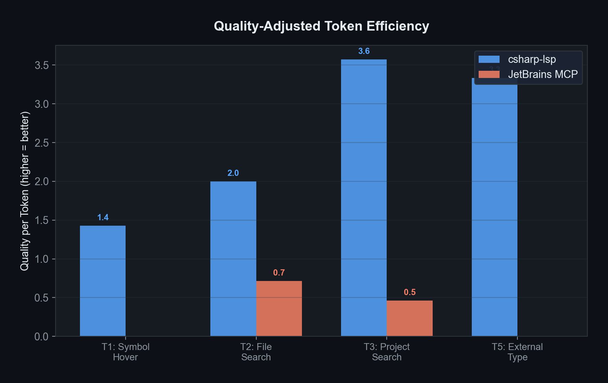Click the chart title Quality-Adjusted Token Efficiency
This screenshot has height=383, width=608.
[x=321, y=26]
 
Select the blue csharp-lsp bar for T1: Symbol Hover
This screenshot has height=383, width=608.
[x=103, y=281]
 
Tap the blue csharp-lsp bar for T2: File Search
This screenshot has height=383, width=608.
[x=233, y=258]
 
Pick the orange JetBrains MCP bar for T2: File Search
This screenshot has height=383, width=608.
[x=279, y=308]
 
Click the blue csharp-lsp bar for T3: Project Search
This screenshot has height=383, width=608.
[x=364, y=198]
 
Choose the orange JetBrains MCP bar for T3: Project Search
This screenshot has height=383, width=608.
[x=410, y=318]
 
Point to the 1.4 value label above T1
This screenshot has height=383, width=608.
[x=103, y=217]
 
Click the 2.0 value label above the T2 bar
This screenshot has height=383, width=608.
[x=233, y=173]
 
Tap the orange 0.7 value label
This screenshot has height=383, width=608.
[x=279, y=273]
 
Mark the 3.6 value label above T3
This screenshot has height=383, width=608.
[x=364, y=51]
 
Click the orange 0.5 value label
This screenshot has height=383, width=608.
[x=410, y=292]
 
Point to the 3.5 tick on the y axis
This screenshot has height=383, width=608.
[x=42, y=65]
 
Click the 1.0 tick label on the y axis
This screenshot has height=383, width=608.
[x=42, y=259]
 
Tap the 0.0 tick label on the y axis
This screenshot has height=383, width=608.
[x=42, y=337]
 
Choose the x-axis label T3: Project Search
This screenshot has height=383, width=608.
[x=387, y=352]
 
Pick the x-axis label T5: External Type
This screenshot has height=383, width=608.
[x=517, y=352]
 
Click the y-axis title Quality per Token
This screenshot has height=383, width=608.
[x=25, y=191]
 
